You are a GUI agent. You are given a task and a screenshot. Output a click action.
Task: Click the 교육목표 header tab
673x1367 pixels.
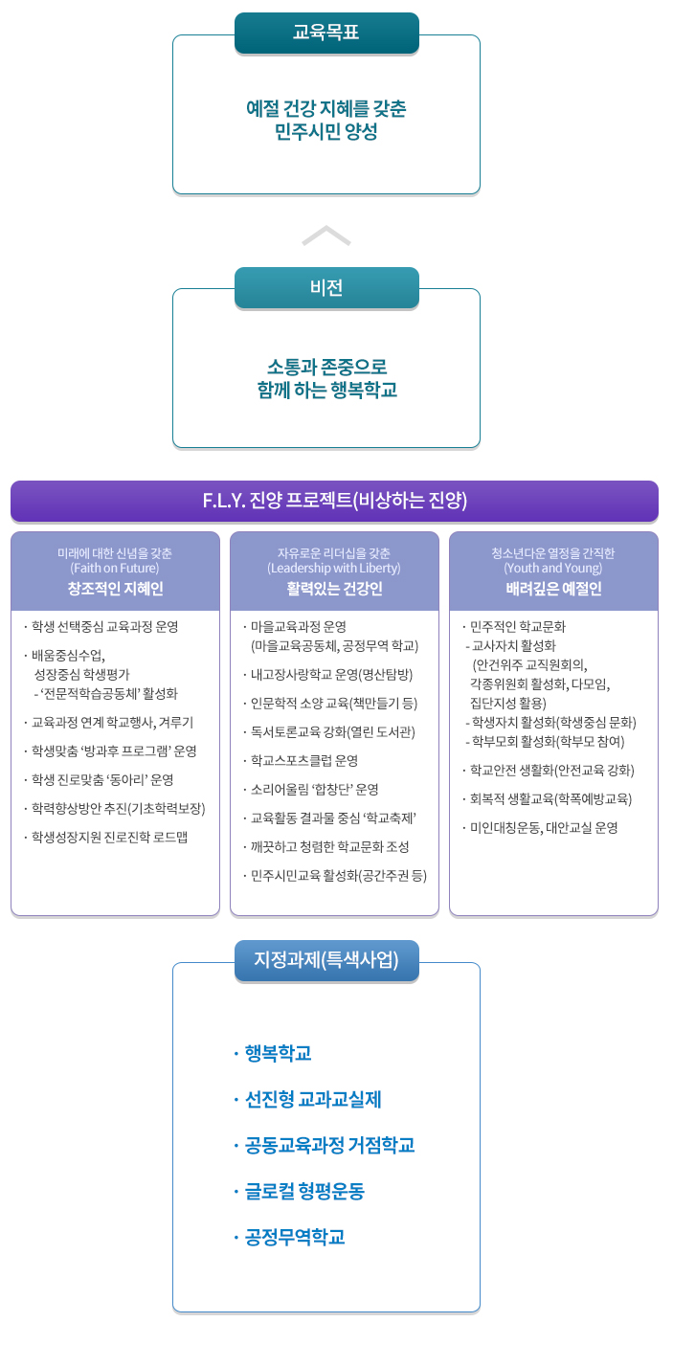[x=326, y=34]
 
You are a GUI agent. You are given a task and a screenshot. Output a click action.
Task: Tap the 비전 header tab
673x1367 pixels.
[x=326, y=287]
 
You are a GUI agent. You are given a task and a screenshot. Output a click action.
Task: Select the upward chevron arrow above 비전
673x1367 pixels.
[x=326, y=235]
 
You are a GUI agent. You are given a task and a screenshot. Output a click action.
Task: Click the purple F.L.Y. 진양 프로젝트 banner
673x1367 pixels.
[x=334, y=501]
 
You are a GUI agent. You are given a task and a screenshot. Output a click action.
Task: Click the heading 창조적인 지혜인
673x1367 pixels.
[x=115, y=589]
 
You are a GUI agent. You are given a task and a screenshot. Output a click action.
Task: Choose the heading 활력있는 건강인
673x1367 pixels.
[x=334, y=589]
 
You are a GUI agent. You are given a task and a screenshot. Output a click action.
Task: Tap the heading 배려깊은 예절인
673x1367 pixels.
[x=553, y=589]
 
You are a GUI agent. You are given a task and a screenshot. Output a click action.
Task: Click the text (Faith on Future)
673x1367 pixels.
[x=115, y=569]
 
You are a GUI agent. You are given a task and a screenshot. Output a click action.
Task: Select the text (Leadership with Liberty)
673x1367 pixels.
[x=334, y=569]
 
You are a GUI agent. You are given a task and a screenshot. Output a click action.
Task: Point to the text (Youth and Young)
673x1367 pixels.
[x=553, y=569]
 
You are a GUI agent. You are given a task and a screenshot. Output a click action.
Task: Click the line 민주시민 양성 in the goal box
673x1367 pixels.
[x=326, y=132]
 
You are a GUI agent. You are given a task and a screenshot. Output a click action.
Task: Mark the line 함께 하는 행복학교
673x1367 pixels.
[x=326, y=391]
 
